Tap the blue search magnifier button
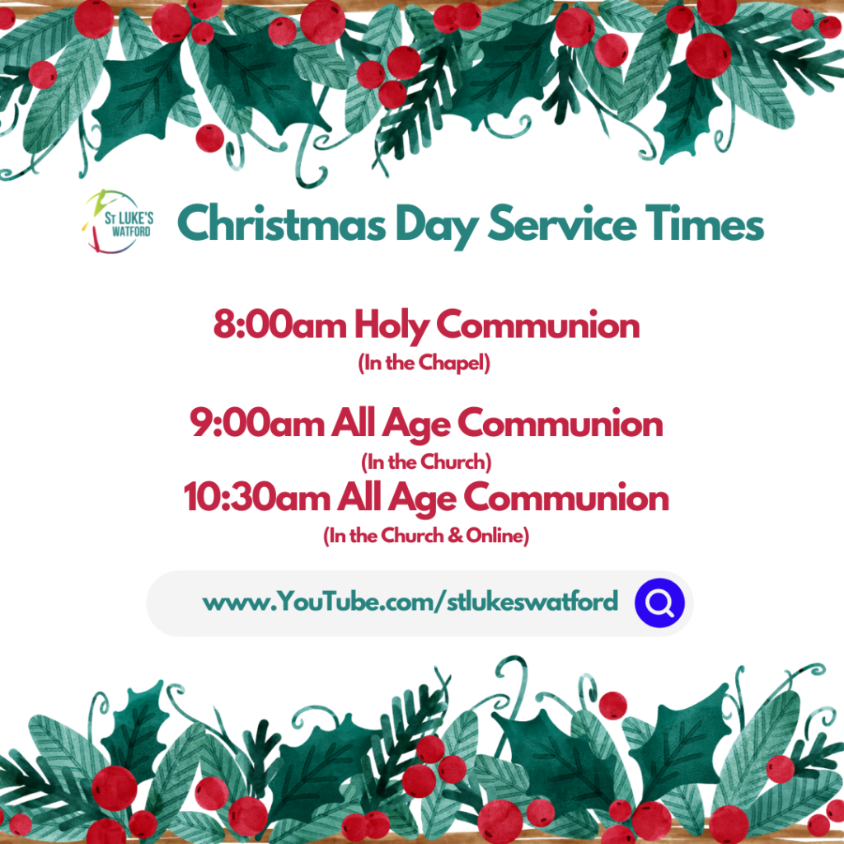click(x=659, y=603)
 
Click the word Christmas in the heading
click(x=282, y=223)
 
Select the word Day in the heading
click(x=437, y=226)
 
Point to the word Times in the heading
click(x=705, y=223)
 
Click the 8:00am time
click(x=280, y=325)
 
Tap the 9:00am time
click(x=257, y=423)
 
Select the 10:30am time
click(x=257, y=497)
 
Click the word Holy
click(x=392, y=327)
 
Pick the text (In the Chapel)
click(x=424, y=363)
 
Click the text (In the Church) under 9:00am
click(x=426, y=462)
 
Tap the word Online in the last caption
click(x=495, y=536)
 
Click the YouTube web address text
click(x=410, y=602)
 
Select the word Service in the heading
click(x=561, y=223)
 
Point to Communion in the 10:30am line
click(x=566, y=497)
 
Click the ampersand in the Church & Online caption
click(x=455, y=536)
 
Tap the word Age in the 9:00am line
click(x=416, y=426)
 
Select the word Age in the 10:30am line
click(x=423, y=500)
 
